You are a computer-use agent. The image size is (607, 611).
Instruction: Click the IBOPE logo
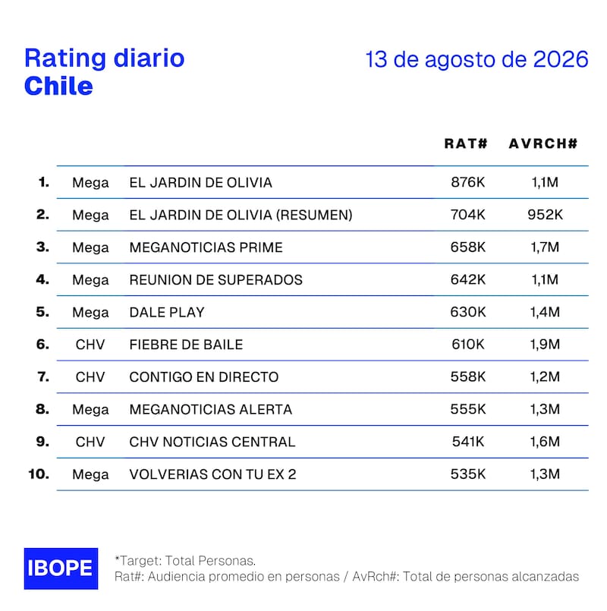coord(61,568)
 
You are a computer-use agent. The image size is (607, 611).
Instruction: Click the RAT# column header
coord(466,143)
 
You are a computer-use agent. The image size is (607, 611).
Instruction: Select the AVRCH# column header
coord(543,143)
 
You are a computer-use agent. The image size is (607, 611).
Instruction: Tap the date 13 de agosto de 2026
coord(476,59)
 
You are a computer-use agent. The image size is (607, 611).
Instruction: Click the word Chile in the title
coord(59,86)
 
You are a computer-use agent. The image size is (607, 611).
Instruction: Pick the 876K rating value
coord(468,182)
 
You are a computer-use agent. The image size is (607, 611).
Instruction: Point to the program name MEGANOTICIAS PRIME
coord(206,247)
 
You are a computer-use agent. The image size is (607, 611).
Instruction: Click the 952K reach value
coord(545,215)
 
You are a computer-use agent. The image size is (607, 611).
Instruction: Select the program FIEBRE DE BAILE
coord(186,345)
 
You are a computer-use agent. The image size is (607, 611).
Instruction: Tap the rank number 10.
coord(39,474)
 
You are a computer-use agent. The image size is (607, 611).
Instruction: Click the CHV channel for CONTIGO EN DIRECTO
coord(90,376)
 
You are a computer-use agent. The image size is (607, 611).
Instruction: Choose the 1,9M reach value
coord(545,344)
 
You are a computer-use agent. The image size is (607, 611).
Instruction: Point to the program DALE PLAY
coord(167,312)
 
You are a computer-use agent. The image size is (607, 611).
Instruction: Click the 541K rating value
coord(468,442)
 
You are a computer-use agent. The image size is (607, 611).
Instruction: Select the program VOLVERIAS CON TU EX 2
coord(212,474)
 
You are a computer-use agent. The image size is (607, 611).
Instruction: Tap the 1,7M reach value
coord(545,247)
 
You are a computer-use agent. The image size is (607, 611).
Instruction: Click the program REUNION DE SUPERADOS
coord(215,280)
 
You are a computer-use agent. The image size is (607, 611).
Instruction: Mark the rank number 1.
coord(44,182)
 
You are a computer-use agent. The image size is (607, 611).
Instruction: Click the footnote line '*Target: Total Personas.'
coord(185,561)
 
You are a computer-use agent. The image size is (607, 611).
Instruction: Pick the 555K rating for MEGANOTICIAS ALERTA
coord(468,409)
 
